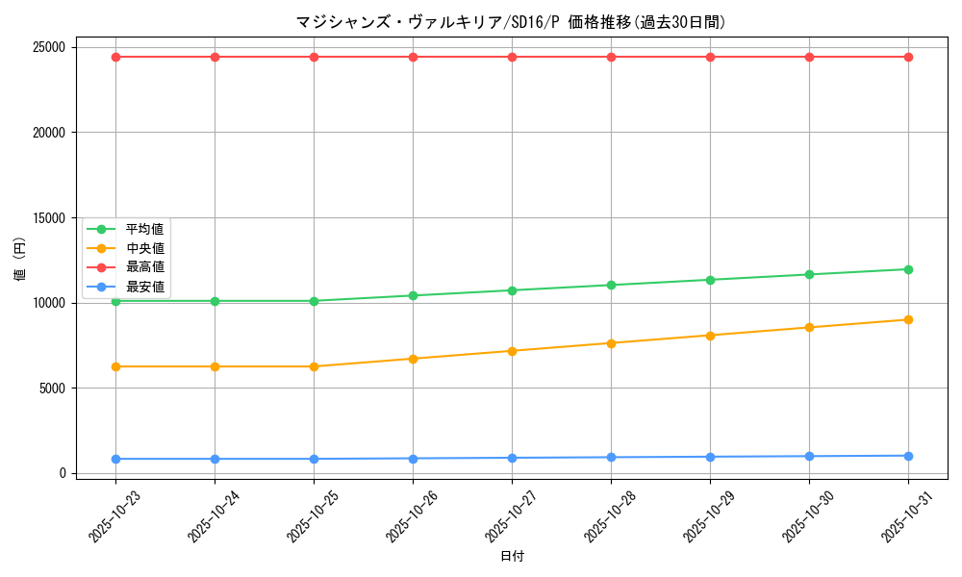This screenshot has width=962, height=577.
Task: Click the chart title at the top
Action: point(510,22)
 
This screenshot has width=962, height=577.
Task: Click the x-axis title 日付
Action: point(512,556)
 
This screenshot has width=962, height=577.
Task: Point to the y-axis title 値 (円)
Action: point(19,260)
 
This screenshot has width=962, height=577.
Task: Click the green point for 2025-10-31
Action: point(908,269)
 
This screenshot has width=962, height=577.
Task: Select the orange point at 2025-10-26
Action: point(413,359)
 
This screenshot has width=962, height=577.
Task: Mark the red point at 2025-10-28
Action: point(611,57)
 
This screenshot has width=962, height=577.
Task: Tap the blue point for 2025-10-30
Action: point(809,456)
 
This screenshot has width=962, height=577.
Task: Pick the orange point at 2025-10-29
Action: point(710,336)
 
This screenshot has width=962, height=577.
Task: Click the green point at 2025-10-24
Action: point(215,301)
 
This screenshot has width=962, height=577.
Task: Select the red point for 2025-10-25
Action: point(314,57)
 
